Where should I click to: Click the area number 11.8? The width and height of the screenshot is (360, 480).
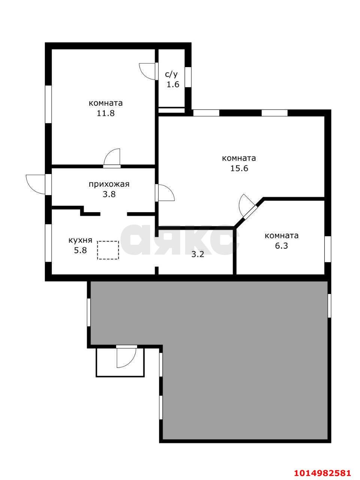pyautogui.click(x=106, y=113)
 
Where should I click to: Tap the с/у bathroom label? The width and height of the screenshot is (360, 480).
pyautogui.click(x=171, y=75)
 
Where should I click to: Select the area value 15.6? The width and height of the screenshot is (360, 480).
pyautogui.click(x=239, y=168)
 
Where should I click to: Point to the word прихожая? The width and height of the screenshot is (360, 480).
pyautogui.click(x=109, y=184)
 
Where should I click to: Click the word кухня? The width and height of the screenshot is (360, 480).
pyautogui.click(x=81, y=240)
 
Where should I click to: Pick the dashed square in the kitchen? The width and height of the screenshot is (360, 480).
pyautogui.click(x=108, y=250)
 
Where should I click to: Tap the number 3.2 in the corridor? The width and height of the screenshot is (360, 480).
pyautogui.click(x=198, y=254)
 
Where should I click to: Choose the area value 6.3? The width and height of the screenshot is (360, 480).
pyautogui.click(x=281, y=246)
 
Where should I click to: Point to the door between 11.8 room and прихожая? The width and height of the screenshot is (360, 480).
pyautogui.click(x=112, y=158)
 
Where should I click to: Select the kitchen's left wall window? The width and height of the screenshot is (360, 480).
pyautogui.click(x=48, y=243)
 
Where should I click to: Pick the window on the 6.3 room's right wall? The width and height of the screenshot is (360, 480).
pyautogui.click(x=327, y=249)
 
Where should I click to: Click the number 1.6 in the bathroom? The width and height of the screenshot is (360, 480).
pyautogui.click(x=173, y=84)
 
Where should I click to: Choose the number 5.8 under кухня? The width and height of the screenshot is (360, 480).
pyautogui.click(x=81, y=250)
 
